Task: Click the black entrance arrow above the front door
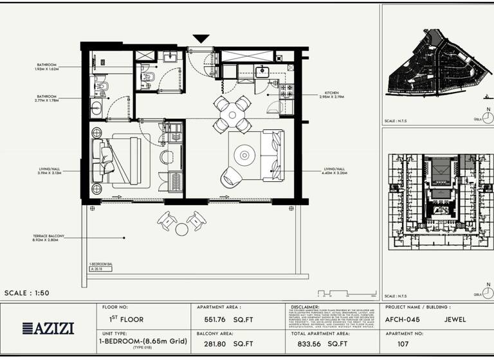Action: click(201, 39)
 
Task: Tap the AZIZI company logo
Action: click(48, 328)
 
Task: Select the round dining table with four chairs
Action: click(232, 114)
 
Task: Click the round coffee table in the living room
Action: click(245, 155)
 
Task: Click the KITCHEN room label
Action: click(331, 94)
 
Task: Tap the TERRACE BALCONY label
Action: click(49, 238)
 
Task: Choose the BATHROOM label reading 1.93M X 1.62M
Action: click(47, 66)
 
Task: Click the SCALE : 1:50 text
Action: click(26, 293)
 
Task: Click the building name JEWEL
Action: click(454, 319)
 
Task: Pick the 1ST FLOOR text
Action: click(122, 319)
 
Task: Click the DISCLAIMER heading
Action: click(305, 307)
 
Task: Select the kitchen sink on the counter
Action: click(262, 72)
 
